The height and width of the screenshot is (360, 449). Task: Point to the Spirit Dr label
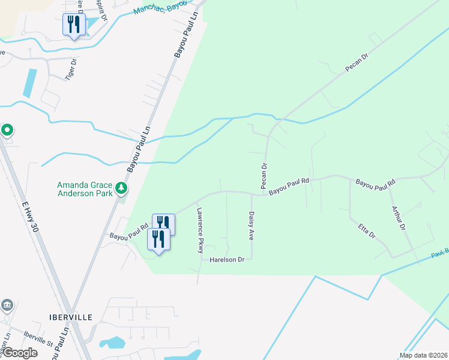tap(102, 11)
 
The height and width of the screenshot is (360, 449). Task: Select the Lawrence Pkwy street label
tap(201, 230)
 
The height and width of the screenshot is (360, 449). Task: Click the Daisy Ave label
tap(251, 226)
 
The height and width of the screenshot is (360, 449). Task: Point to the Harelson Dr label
tap(227, 260)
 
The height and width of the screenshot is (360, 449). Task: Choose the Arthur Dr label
tap(399, 219)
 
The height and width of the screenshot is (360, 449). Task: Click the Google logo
tap(19, 353)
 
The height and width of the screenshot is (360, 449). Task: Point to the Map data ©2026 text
tap(423, 355)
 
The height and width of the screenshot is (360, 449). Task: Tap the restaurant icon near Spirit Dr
tap(74, 25)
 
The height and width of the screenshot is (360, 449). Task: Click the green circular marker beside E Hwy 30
tap(7, 130)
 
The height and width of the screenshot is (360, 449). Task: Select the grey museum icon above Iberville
tap(7, 305)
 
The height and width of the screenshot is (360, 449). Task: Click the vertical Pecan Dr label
tap(263, 174)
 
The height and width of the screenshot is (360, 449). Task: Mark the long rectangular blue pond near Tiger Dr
tap(29, 83)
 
